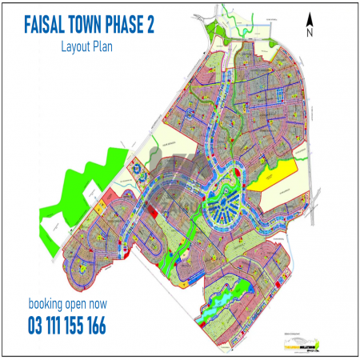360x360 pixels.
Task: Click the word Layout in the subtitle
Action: pos(75,46)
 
